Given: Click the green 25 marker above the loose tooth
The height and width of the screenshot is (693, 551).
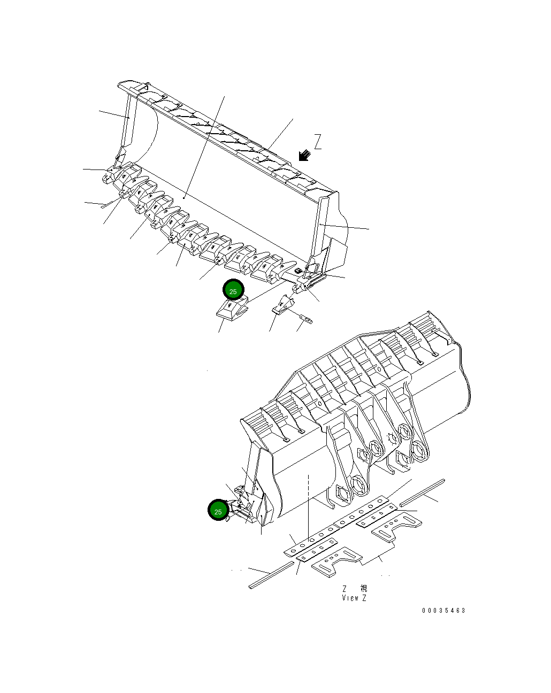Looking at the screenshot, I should click(233, 290).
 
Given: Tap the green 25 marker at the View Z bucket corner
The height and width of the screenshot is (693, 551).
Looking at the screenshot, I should click(218, 511).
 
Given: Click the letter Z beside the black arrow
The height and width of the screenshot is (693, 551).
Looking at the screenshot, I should click(318, 142).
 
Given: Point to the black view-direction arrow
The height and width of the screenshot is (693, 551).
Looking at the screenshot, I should click(304, 155).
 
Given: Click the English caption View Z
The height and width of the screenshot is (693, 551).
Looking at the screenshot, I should click(354, 598).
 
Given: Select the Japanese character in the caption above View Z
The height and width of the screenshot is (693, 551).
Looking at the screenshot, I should click(364, 588).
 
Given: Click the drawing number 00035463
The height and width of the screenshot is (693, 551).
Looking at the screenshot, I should click(443, 611).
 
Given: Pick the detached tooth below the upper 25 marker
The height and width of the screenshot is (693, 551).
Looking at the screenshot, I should click(232, 311).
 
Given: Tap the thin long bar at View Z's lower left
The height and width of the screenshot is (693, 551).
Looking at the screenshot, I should click(271, 575).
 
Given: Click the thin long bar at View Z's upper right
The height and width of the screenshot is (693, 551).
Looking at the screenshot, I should click(422, 492).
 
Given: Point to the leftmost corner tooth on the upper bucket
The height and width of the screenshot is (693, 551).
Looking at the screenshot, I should click(111, 175).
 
